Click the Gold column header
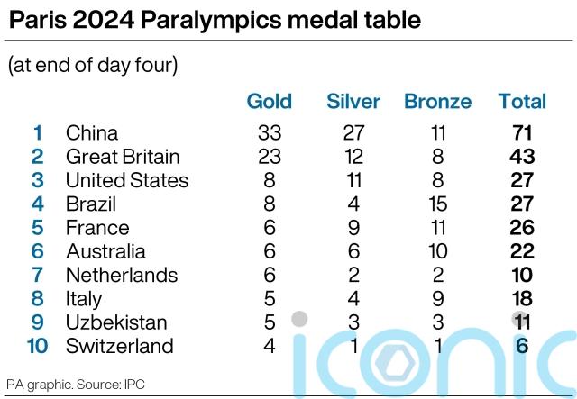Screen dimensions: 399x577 [x=269, y=102]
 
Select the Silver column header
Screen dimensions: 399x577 [x=353, y=102]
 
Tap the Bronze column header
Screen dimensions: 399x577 [x=437, y=102]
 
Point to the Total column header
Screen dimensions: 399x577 [x=522, y=102]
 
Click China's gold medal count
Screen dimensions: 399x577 [x=269, y=133]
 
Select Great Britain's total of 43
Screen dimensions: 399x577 [x=522, y=157]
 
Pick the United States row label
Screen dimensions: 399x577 [x=127, y=180]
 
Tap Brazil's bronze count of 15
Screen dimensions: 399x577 [x=437, y=204]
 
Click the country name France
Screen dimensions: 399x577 [x=97, y=228]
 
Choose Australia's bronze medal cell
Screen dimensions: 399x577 [x=437, y=251]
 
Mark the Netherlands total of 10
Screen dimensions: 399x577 [x=522, y=275]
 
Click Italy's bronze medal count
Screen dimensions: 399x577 [x=437, y=299]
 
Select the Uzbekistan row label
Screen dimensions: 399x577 [x=116, y=322]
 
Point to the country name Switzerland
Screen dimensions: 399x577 [x=119, y=346]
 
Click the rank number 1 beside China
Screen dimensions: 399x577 [x=38, y=133]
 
